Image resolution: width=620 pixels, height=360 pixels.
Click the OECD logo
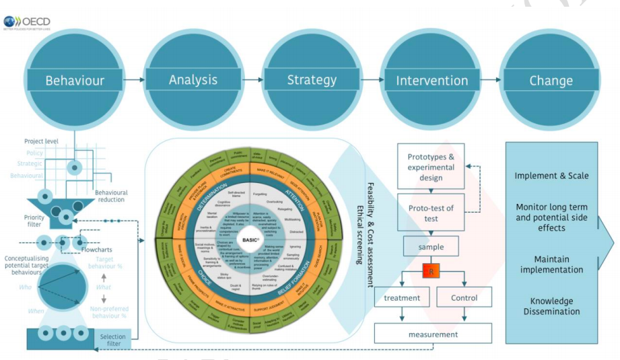pyautogui.click(x=27, y=22)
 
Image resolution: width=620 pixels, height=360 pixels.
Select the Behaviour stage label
pyautogui.click(x=75, y=81)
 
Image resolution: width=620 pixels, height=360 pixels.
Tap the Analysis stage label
pyautogui.click(x=193, y=80)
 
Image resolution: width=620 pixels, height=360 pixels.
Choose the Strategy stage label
pyautogui.click(x=312, y=80)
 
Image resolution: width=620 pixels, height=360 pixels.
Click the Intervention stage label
pyautogui.click(x=432, y=81)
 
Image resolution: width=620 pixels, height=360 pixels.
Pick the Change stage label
pyautogui.click(x=551, y=81)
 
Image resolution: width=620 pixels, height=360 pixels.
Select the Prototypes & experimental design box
pyautogui.click(x=431, y=167)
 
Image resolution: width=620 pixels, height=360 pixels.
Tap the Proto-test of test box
pyautogui.click(x=431, y=213)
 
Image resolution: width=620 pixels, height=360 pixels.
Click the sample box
pyautogui.click(x=431, y=247)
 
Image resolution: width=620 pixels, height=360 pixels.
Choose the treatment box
pyautogui.click(x=402, y=297)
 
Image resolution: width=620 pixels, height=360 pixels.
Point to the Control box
pyautogui.click(x=464, y=297)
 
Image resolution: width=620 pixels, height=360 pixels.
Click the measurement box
pyautogui.click(x=433, y=334)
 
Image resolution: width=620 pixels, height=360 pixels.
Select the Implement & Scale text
pyautogui.click(x=551, y=176)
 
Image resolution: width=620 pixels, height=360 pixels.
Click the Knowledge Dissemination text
pyautogui.click(x=551, y=306)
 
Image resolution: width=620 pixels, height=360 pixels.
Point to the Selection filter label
pyautogui.click(x=112, y=340)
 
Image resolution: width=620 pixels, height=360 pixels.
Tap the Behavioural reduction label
pyautogui.click(x=110, y=196)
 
